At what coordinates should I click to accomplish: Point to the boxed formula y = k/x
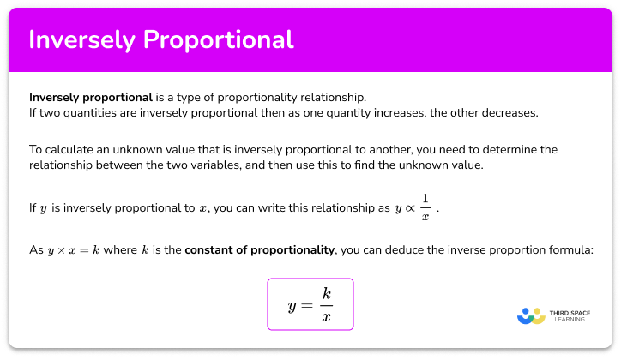pyautogui.click(x=310, y=303)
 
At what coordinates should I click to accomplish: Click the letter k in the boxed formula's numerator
pyautogui.click(x=325, y=293)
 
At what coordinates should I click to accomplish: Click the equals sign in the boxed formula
pyautogui.click(x=304, y=304)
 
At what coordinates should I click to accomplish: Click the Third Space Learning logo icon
pyautogui.click(x=532, y=315)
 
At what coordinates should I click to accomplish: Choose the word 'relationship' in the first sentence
pyautogui.click(x=329, y=96)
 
